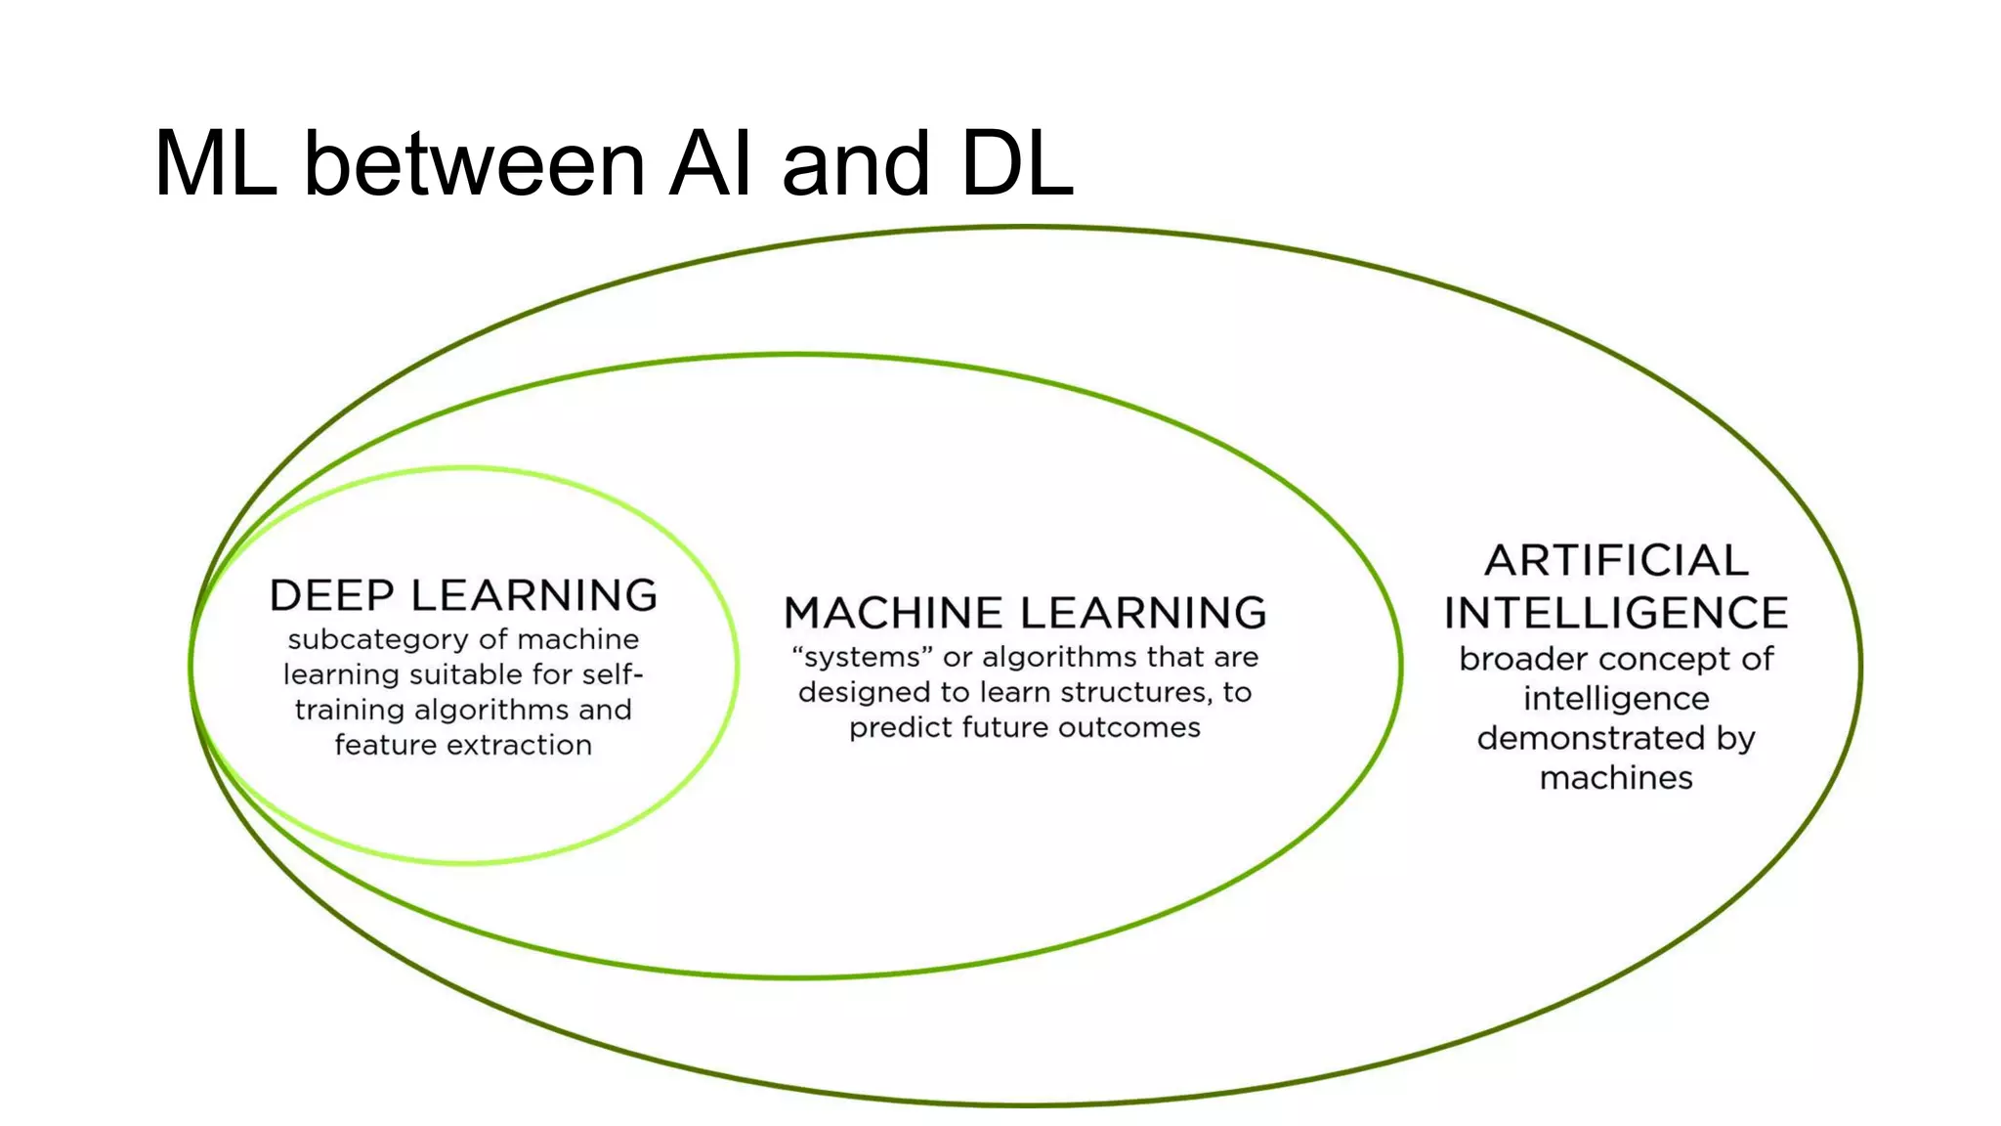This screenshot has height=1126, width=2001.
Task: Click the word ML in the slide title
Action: point(216,163)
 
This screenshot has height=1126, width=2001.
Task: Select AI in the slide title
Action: point(710,163)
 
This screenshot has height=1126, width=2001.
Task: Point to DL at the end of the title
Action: point(1017,163)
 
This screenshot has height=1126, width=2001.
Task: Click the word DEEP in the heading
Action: point(332,595)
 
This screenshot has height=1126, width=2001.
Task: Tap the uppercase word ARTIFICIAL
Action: point(1616,561)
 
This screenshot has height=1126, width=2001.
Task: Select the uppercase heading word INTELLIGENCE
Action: point(1616,613)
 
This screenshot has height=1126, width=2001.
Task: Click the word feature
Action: point(384,745)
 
